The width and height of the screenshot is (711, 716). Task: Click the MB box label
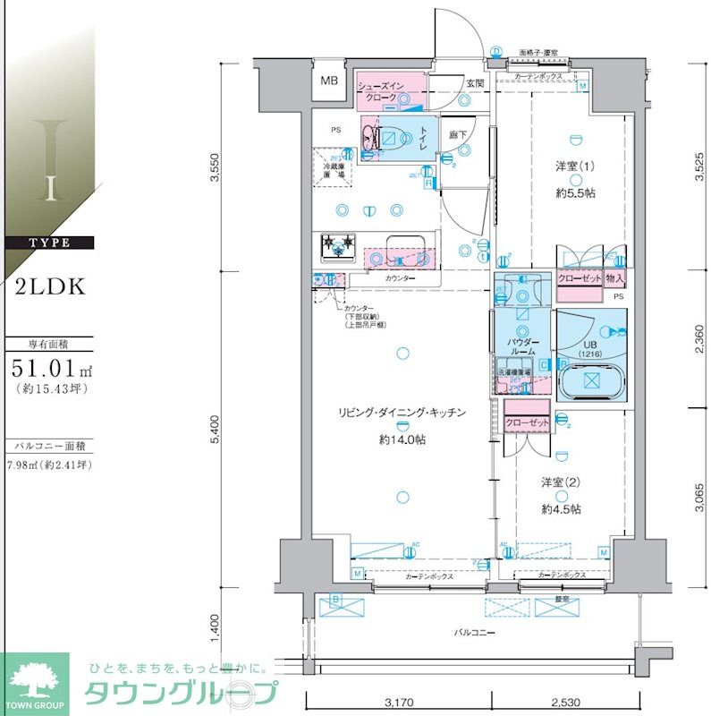(330, 83)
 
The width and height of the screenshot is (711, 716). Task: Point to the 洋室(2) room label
(561, 482)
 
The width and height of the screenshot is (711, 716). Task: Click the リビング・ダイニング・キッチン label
(402, 413)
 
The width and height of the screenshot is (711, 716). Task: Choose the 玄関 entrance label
(474, 84)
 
